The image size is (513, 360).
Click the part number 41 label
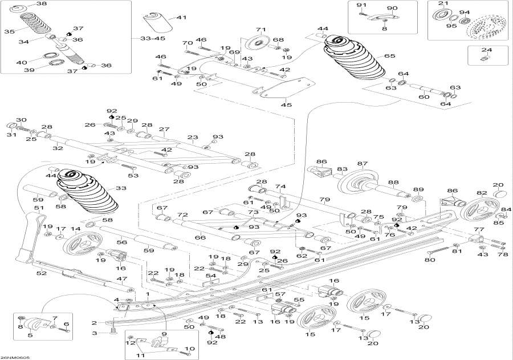point(181,18)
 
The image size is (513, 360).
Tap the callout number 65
point(389,56)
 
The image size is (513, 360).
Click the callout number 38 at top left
point(42,4)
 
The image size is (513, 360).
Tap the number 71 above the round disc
point(261,29)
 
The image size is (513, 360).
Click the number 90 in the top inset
point(392,8)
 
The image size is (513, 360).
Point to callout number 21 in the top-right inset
point(441,4)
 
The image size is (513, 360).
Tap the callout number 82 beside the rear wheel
point(482,193)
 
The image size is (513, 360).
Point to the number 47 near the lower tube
point(121,278)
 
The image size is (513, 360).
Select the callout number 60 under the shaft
point(424,97)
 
